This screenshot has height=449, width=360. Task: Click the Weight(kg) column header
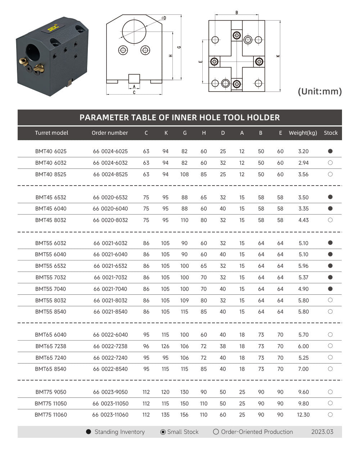(x=303, y=133)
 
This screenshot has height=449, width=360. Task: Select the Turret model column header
(x=51, y=133)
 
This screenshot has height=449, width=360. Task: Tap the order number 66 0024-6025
(x=110, y=151)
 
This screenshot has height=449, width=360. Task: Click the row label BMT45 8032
(x=51, y=220)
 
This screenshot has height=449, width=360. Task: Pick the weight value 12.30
(x=303, y=415)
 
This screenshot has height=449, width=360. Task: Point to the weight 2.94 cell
(x=303, y=163)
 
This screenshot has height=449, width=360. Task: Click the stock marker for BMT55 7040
(x=330, y=289)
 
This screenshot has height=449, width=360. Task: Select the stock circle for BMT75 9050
(x=330, y=392)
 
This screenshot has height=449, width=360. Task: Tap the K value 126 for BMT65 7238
(x=165, y=346)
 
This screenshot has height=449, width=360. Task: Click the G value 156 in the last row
(x=184, y=415)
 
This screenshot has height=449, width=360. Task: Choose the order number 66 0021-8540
(x=110, y=312)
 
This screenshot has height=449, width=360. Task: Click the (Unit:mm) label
(x=320, y=92)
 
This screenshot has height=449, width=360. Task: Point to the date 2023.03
(x=322, y=432)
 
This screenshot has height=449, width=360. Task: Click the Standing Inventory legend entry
(x=115, y=432)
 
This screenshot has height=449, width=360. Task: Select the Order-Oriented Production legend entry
(x=253, y=432)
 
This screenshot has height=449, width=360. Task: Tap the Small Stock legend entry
(x=179, y=432)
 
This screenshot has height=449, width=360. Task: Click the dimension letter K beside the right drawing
(x=278, y=56)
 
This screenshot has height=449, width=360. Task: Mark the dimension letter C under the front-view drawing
(x=134, y=93)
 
